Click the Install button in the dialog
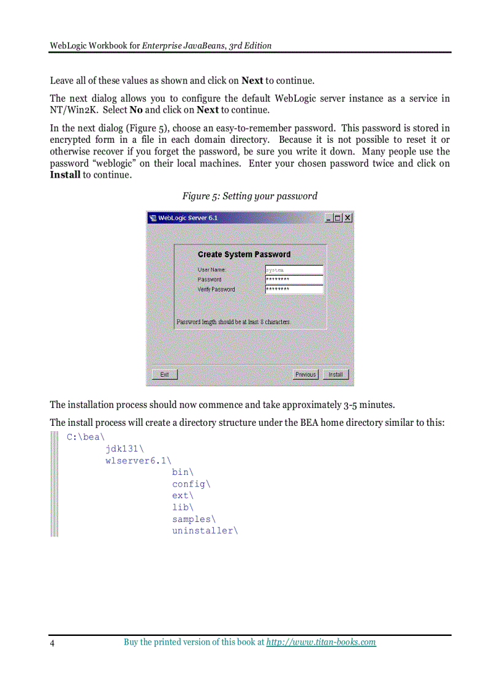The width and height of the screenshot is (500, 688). point(335,374)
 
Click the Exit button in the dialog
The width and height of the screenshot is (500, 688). point(164,374)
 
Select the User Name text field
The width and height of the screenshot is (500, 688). point(294,270)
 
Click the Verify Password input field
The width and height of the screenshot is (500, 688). point(294,289)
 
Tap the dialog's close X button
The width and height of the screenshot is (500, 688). point(348,218)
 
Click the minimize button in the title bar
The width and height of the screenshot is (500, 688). point(328,218)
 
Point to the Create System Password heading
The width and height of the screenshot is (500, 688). point(244,254)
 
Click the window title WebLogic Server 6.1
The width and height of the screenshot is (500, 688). point(187,218)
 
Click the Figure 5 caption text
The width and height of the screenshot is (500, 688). point(249,196)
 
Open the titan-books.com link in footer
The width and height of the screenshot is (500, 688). point(321,642)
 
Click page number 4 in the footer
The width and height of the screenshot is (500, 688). point(52,643)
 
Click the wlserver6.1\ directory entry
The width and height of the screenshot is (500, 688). point(138,461)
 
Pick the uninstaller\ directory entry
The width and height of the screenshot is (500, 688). point(205,531)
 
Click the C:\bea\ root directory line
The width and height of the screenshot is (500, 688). point(85,437)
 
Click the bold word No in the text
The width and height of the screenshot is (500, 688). point(136,110)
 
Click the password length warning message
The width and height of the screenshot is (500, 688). point(233,322)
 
